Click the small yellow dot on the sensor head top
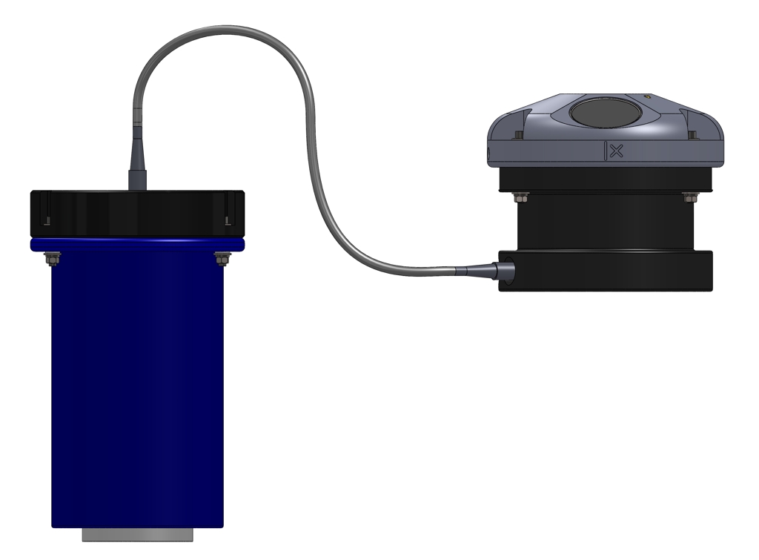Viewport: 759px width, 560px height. click(x=647, y=96)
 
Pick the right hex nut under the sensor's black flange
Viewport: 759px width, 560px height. click(x=686, y=197)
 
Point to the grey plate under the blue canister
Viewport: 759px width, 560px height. click(x=137, y=534)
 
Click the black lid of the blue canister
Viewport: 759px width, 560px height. click(x=137, y=214)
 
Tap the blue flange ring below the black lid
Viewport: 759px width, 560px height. click(x=137, y=244)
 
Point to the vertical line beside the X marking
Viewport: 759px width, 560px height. click(x=606, y=151)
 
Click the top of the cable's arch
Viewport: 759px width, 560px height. click(x=222, y=29)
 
